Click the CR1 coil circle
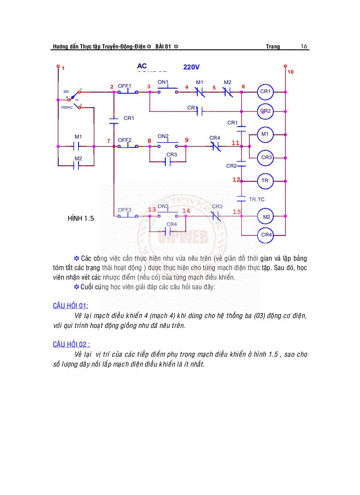click(x=266, y=92)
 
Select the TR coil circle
click(x=266, y=181)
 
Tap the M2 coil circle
click(x=266, y=217)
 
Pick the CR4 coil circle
click(x=266, y=235)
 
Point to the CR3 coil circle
click(x=266, y=157)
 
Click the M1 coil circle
click(x=265, y=134)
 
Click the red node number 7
click(x=109, y=141)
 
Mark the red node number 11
click(x=235, y=143)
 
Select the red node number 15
click(x=237, y=212)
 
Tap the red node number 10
click(x=290, y=71)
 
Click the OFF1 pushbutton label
click(x=124, y=86)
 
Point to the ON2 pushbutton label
click(x=163, y=136)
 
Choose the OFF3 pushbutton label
click(x=124, y=210)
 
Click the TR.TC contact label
click(x=257, y=199)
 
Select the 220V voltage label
click(x=191, y=67)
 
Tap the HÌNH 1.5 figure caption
click(x=81, y=218)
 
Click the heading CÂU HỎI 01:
click(x=71, y=305)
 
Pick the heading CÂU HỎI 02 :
click(x=71, y=344)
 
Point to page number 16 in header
click(x=304, y=46)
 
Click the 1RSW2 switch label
click(x=67, y=107)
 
